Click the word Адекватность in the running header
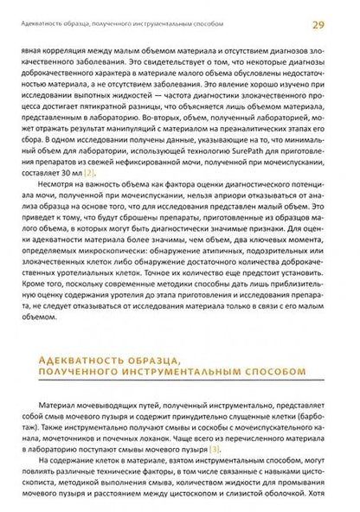tap(35, 10)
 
